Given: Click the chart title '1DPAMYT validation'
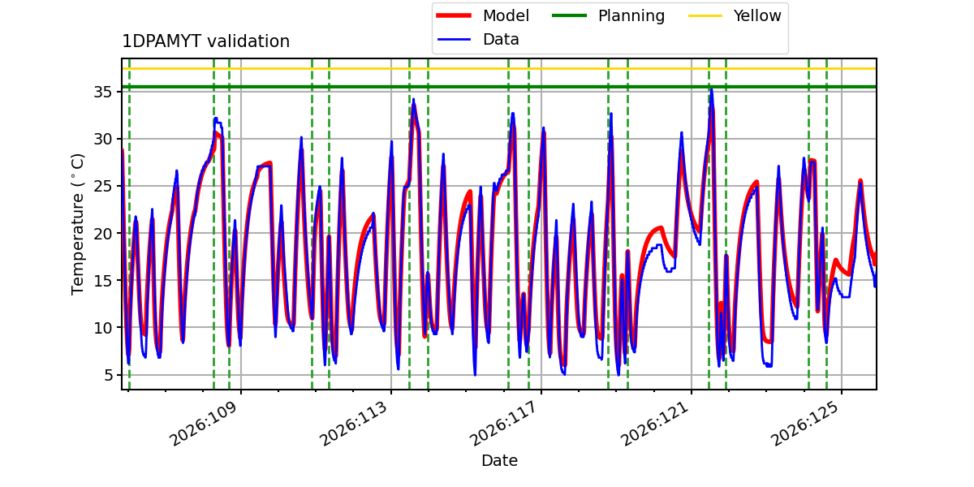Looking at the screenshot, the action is point(205,41).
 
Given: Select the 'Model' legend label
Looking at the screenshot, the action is point(506,15).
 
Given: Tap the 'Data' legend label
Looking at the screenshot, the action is point(501,40).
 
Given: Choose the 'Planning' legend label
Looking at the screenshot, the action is point(631,15).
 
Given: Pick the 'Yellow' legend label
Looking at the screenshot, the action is point(757,15).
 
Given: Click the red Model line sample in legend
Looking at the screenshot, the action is point(454,15).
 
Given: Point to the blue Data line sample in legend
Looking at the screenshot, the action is point(454,40).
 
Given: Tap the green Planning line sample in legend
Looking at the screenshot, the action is point(570,15).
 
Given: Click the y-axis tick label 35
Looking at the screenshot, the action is point(102,93).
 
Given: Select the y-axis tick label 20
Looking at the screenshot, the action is point(102,234).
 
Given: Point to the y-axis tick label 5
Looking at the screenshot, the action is point(108,375).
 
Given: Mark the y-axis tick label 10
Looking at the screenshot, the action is point(102,328).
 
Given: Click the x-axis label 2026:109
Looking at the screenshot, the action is point(204,424).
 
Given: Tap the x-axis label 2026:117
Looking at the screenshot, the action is point(503,424).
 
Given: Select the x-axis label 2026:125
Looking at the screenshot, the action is point(804,424).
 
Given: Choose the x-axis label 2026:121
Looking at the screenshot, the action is point(653,424).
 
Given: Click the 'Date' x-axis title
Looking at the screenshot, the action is point(499,460).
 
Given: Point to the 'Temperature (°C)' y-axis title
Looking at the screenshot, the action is point(77,224).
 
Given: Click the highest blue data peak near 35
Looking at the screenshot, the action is point(711,89).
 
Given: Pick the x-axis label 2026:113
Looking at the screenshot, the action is point(354,424).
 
